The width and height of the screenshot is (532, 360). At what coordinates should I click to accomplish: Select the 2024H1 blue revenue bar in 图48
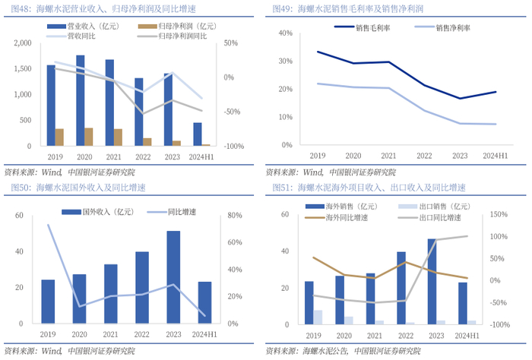click(198, 134)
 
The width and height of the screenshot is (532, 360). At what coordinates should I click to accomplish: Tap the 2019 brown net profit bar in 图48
click(60, 137)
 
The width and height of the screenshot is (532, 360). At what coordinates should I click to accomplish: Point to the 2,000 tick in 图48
click(23, 43)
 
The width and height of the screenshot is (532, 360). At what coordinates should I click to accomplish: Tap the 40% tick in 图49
click(287, 33)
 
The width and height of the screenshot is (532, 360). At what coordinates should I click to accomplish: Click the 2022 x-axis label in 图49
click(424, 155)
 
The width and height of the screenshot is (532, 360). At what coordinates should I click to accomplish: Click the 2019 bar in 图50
click(49, 303)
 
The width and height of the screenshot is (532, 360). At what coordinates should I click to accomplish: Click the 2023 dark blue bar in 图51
click(432, 283)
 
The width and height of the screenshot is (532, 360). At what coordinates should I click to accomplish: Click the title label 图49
click(280, 9)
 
